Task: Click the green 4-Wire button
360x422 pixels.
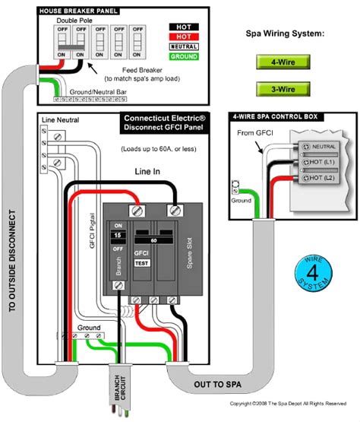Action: pyautogui.click(x=279, y=62)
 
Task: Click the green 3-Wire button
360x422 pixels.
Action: pyautogui.click(x=279, y=88)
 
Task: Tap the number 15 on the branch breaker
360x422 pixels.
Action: pyautogui.click(x=117, y=237)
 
